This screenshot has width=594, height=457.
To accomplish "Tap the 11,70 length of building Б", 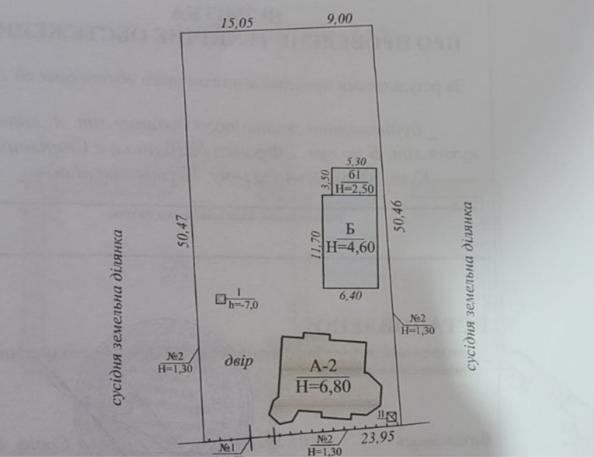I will click(315, 245).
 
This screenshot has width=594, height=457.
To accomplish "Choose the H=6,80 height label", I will click(323, 386).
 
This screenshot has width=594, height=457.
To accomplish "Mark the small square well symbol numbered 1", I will click(221, 299).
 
